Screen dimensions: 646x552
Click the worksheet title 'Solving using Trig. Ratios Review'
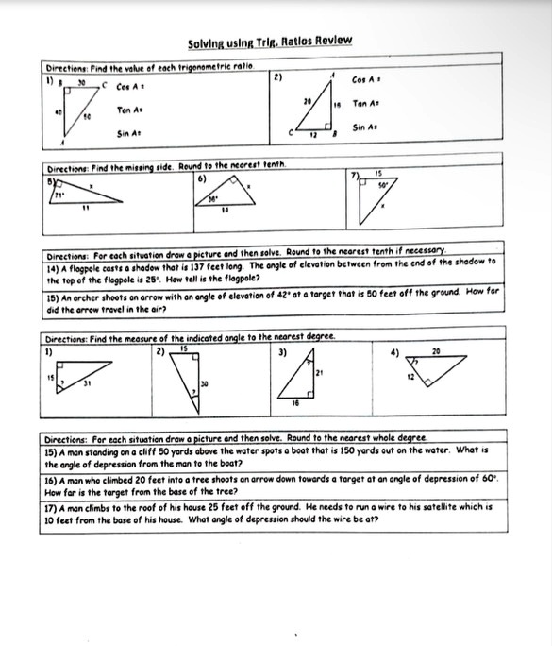click(269, 42)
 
